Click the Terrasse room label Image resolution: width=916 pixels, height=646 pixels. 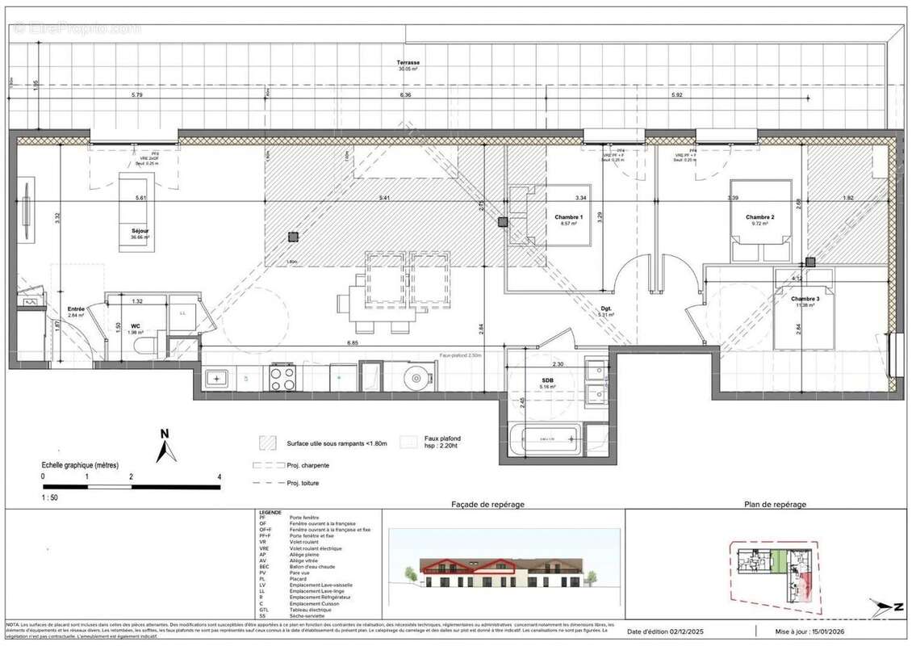408,63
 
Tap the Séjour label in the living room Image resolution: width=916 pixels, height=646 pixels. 140,231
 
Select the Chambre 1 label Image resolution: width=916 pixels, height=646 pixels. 569,216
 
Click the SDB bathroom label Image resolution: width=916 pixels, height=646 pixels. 548,380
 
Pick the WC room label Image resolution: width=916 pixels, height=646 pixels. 136,326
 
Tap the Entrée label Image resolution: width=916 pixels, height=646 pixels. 77,308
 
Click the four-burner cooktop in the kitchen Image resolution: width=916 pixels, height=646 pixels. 282,377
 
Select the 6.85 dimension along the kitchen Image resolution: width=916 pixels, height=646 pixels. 352,343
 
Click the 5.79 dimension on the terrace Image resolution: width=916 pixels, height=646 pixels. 136,95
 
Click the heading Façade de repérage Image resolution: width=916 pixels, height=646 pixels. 487,504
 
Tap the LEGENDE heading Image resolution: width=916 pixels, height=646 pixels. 270,513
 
